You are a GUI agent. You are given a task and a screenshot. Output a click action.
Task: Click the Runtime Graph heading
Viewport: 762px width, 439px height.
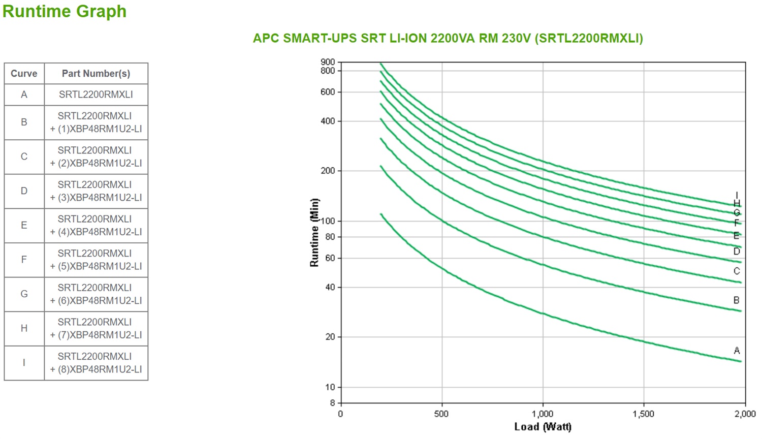65,11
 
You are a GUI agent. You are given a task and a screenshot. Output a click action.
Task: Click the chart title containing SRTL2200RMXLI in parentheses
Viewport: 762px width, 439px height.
448,39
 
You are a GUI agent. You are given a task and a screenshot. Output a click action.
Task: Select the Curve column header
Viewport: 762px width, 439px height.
24,74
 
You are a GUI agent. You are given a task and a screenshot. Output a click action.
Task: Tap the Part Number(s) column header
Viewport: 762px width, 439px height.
96,74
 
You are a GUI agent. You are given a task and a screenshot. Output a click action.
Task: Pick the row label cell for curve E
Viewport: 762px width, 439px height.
24,225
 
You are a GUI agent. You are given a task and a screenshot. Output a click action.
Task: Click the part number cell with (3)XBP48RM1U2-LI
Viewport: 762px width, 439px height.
96,191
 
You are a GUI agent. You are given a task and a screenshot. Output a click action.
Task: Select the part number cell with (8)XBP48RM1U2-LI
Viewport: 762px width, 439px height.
96,363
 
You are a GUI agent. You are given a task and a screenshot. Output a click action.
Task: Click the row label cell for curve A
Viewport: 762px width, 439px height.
24,95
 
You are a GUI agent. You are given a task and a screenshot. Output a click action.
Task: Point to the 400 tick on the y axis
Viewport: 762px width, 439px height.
328,121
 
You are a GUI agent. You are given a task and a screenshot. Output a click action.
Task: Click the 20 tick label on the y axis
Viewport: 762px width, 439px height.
330,337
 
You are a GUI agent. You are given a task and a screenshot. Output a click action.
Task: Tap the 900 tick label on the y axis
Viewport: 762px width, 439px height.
328,62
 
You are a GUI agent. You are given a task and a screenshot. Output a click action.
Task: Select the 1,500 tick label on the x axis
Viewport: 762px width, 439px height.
643,414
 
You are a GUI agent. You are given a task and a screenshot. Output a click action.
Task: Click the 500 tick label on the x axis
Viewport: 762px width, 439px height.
441,414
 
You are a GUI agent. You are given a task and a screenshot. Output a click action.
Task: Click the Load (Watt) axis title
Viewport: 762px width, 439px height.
543,427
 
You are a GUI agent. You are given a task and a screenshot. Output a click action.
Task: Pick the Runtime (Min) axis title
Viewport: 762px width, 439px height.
314,233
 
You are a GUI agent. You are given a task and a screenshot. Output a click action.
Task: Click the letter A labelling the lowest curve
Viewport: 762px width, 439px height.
737,351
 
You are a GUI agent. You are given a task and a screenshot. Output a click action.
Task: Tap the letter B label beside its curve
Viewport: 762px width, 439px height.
736,300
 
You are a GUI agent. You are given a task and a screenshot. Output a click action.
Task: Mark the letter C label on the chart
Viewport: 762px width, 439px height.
737,271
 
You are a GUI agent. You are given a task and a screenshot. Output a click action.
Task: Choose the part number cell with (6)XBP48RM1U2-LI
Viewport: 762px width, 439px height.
96,294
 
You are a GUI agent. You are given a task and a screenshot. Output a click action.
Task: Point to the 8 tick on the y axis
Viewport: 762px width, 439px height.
332,403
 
